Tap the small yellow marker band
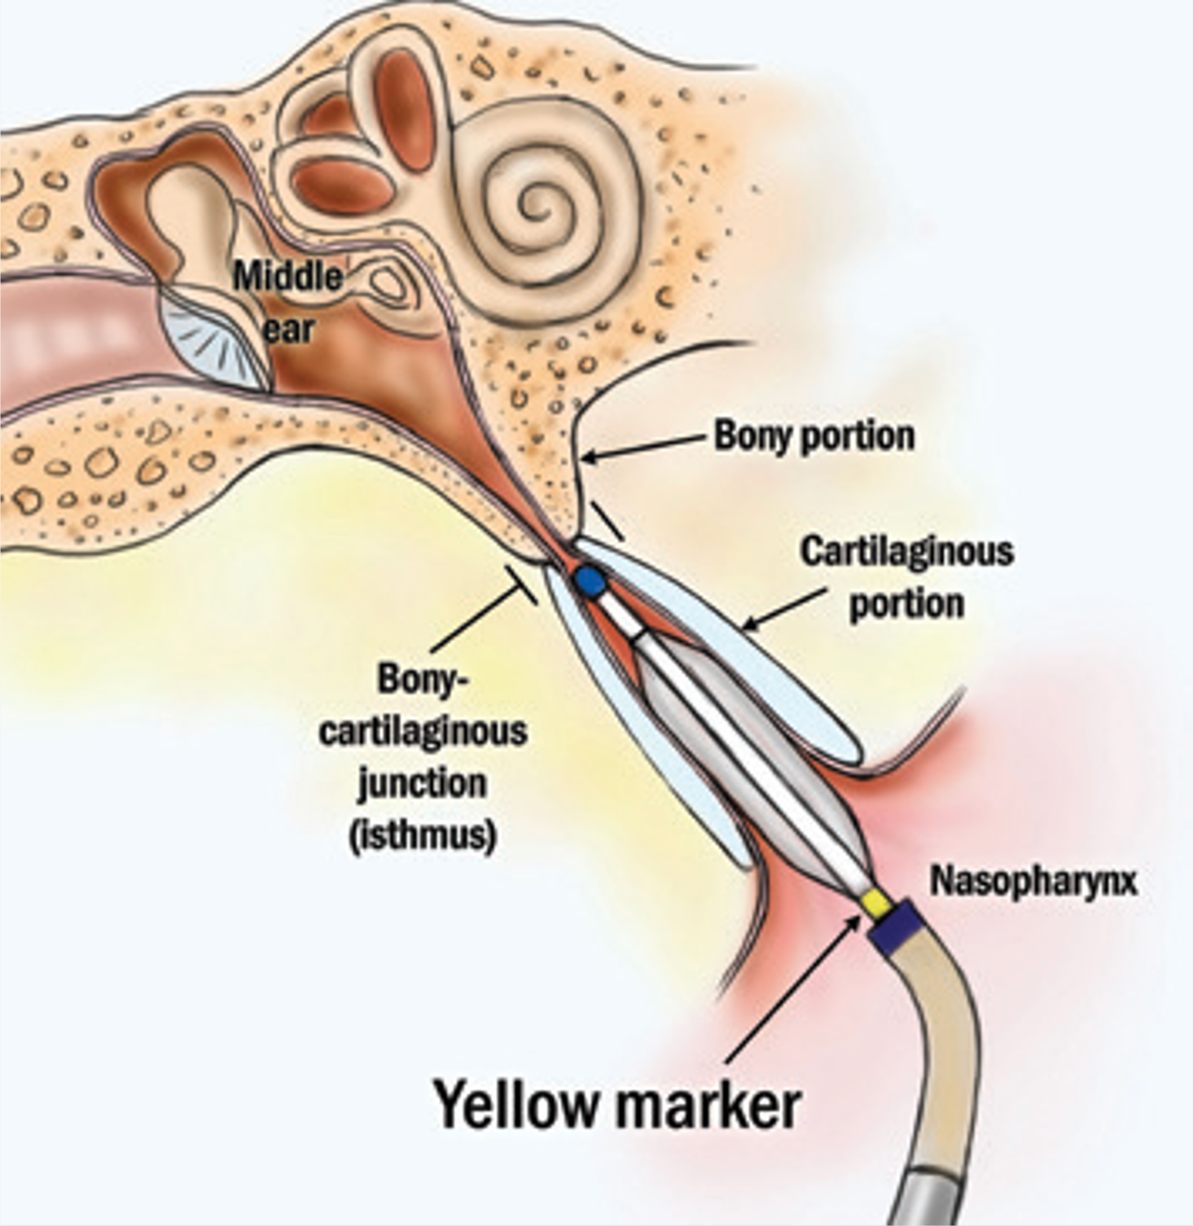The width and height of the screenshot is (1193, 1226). pos(875,903)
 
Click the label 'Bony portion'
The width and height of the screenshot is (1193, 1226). pos(815,436)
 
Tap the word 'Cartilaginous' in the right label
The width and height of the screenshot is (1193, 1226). pos(907,552)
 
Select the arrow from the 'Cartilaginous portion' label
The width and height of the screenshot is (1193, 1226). pos(783,608)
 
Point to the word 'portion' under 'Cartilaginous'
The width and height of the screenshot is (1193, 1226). pos(907,604)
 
